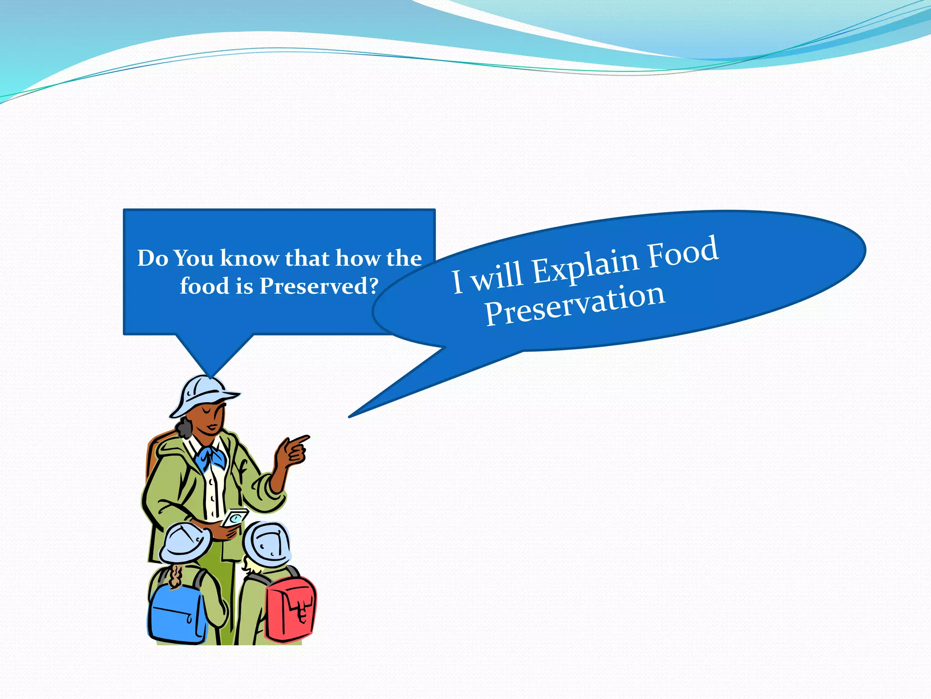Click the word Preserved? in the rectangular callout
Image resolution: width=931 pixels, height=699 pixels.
pos(319,286)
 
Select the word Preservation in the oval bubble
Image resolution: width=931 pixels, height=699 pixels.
pos(575,304)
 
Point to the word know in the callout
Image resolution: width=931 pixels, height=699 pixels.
pos(250,258)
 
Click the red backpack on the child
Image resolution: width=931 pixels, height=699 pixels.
pos(290,607)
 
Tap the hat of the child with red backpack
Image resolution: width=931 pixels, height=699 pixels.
pos(267,544)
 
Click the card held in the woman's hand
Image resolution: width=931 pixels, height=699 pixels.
pos(235,517)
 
